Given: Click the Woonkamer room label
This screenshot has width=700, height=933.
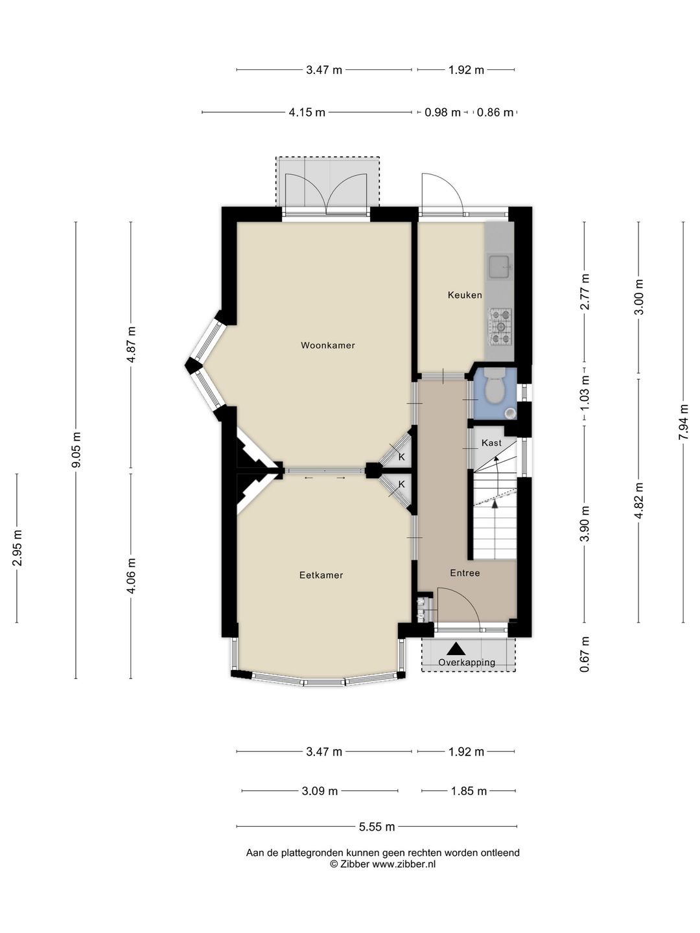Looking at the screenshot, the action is point(328,345).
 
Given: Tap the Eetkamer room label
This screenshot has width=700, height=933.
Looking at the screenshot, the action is point(321,575).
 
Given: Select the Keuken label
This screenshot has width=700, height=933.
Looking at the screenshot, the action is point(465,295).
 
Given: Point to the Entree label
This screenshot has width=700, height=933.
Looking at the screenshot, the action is point(465,573).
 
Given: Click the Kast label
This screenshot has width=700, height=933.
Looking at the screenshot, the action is point(491,443).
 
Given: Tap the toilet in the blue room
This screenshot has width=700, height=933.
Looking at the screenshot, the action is point(494,387).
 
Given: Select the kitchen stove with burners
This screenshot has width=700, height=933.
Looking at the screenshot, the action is point(500,327).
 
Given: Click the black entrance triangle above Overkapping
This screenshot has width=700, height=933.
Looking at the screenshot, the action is point(456,649).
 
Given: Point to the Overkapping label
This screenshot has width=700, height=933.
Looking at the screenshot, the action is point(467,662).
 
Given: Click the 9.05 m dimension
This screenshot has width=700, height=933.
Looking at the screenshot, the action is point(76,450).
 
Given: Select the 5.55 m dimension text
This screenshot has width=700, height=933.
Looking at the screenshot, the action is point(377,827).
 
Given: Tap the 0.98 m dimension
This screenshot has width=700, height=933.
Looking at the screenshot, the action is point(443,113).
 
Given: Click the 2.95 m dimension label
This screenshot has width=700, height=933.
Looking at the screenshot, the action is point(17,548).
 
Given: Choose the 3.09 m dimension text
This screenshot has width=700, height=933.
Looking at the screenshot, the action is point(320,791).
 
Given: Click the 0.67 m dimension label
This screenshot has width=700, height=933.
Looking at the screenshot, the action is point(585,654).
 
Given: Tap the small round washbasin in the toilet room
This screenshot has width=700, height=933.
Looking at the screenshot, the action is point(509,412).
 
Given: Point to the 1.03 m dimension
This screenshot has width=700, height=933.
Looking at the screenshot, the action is point(585,393).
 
